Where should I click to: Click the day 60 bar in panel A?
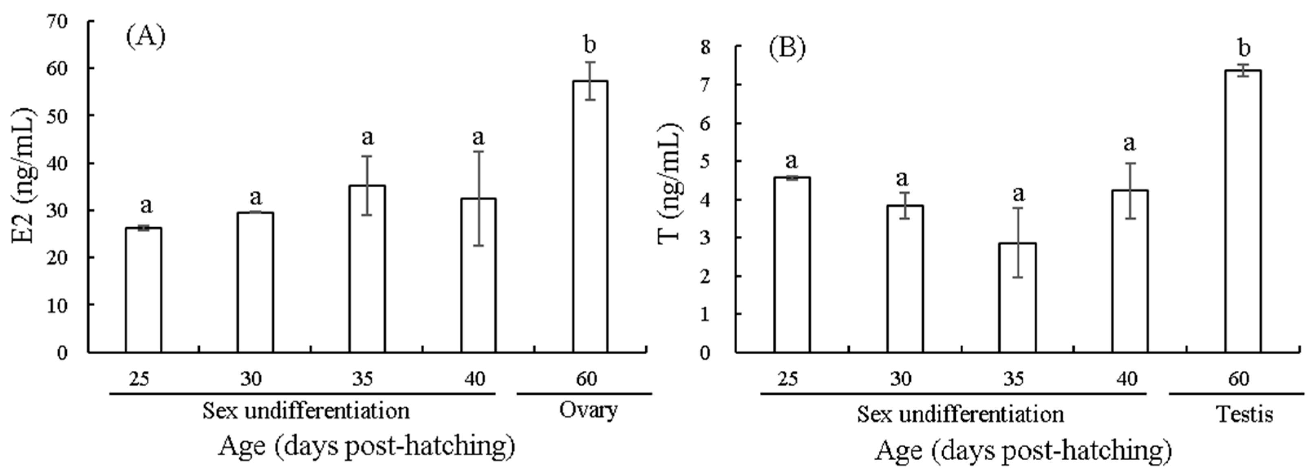(x=590, y=216)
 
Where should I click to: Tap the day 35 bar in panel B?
(x=1017, y=297)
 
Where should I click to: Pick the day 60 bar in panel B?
(x=1243, y=211)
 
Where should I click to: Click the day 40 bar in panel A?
(x=478, y=275)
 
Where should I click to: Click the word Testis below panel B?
(x=1244, y=414)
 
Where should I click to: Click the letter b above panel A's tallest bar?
(x=590, y=45)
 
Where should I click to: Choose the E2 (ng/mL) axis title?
(x=24, y=176)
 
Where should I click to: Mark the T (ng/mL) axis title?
(x=669, y=184)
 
